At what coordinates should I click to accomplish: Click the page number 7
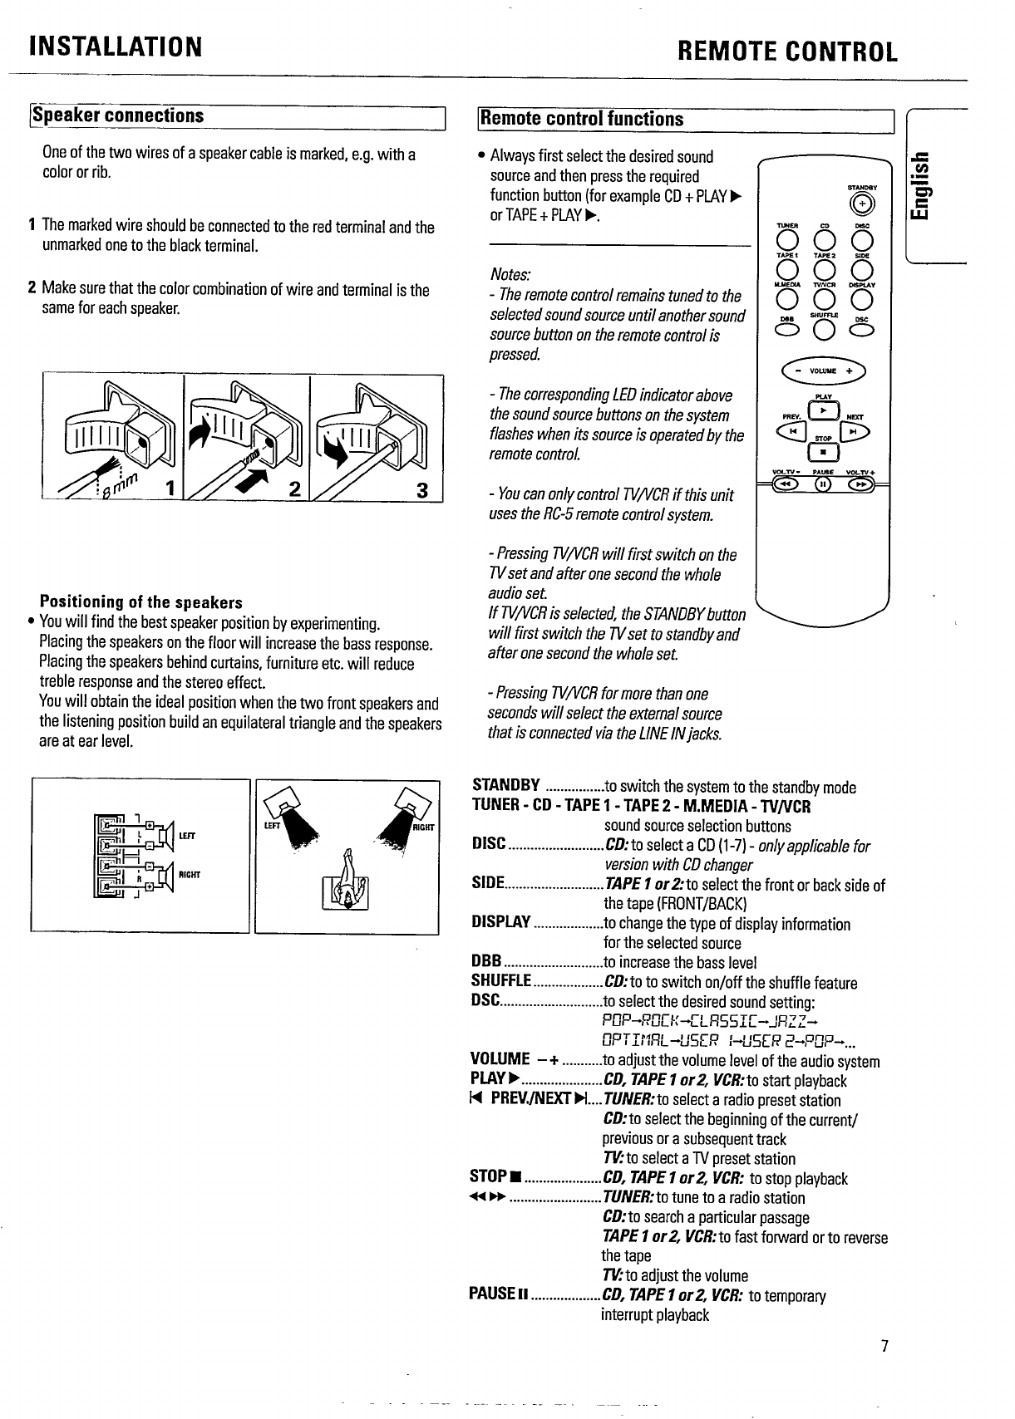[x=885, y=1347]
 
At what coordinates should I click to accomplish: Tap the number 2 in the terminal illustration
[x=293, y=489]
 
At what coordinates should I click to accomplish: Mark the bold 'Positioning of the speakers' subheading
[x=141, y=602]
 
